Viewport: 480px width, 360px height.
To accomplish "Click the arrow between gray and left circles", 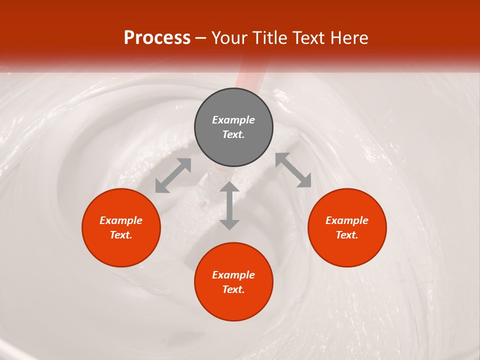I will pos(173,175).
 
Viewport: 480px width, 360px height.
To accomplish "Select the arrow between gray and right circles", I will pos(293,170).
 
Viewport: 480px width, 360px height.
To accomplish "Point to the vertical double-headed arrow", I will pos(229,205).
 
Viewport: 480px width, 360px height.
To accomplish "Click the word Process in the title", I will pos(157,37).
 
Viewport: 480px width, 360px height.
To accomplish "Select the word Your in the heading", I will pos(227,37).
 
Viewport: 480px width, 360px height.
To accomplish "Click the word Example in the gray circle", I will pos(233,120).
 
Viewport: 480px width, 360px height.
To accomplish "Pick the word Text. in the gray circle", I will pos(233,134).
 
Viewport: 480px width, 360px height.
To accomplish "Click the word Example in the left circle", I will pos(121,220).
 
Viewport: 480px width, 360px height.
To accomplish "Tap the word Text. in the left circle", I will pos(121,235).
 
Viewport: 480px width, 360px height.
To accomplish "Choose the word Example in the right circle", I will pos(347,220).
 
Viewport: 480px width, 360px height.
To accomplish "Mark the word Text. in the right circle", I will pos(347,235).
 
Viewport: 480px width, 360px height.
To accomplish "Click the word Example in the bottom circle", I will pos(233,275).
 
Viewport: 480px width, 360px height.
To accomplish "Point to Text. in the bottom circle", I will pos(233,289).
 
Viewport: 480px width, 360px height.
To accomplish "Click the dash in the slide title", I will pos(201,38).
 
